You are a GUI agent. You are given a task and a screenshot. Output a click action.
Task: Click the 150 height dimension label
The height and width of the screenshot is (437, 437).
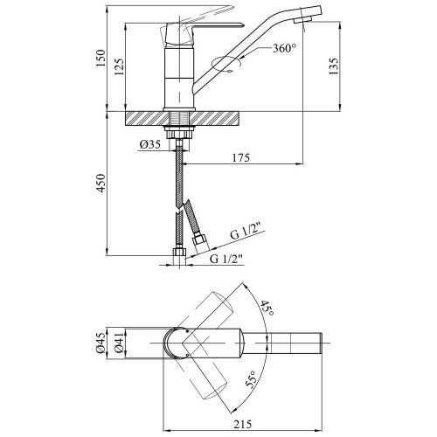[100, 59]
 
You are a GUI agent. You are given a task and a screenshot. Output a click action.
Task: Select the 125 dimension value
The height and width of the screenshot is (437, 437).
[119, 67]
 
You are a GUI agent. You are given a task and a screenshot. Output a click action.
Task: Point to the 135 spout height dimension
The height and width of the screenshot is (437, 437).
[333, 66]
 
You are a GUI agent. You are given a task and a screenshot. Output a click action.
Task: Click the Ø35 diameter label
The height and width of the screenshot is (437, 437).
[149, 144]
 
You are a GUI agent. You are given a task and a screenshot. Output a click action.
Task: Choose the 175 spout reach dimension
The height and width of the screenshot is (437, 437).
[241, 157]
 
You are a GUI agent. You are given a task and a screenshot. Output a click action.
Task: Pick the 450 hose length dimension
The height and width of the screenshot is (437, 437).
[101, 183]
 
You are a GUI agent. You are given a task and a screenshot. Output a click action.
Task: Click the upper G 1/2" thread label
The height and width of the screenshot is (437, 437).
[244, 232]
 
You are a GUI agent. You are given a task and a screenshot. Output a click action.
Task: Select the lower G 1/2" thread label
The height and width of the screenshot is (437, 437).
[226, 259]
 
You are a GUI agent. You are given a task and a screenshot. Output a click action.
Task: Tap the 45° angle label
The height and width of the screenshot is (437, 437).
[267, 309]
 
